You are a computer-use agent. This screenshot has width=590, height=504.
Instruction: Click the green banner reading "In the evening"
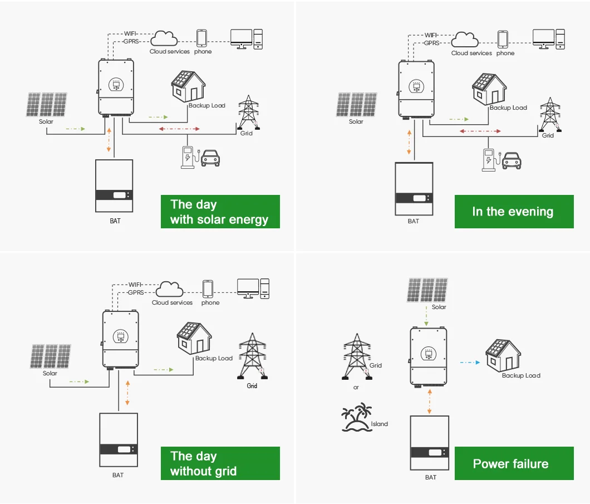pyautogui.click(x=513, y=212)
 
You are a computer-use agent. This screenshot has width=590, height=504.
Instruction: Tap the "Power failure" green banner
pyautogui.click(x=513, y=463)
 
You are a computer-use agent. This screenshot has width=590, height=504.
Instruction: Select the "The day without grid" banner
pyautogui.click(x=220, y=463)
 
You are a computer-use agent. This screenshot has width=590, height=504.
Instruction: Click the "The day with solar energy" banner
pyautogui.click(x=220, y=212)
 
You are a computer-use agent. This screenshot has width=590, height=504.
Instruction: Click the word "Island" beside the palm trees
pyautogui.click(x=380, y=424)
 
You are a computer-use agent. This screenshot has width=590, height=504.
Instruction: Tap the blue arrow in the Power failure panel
pyautogui.click(x=470, y=362)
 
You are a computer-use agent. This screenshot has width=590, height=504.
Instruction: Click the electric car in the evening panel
pyautogui.click(x=512, y=162)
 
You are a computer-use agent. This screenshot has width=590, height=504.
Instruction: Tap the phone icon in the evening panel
pyautogui.click(x=503, y=39)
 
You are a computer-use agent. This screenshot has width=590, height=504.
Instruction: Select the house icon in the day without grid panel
pyautogui.click(x=193, y=338)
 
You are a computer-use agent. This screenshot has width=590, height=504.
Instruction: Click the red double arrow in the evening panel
pyautogui.click(x=480, y=131)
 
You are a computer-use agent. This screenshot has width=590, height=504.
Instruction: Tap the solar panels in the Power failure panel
pyautogui.click(x=427, y=290)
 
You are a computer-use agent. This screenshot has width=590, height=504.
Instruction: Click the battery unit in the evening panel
pyautogui.click(x=414, y=189)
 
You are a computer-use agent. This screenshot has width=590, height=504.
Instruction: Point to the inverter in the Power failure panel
pyautogui.click(x=428, y=356)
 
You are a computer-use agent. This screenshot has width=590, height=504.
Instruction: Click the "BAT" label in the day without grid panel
pyautogui.click(x=117, y=476)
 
